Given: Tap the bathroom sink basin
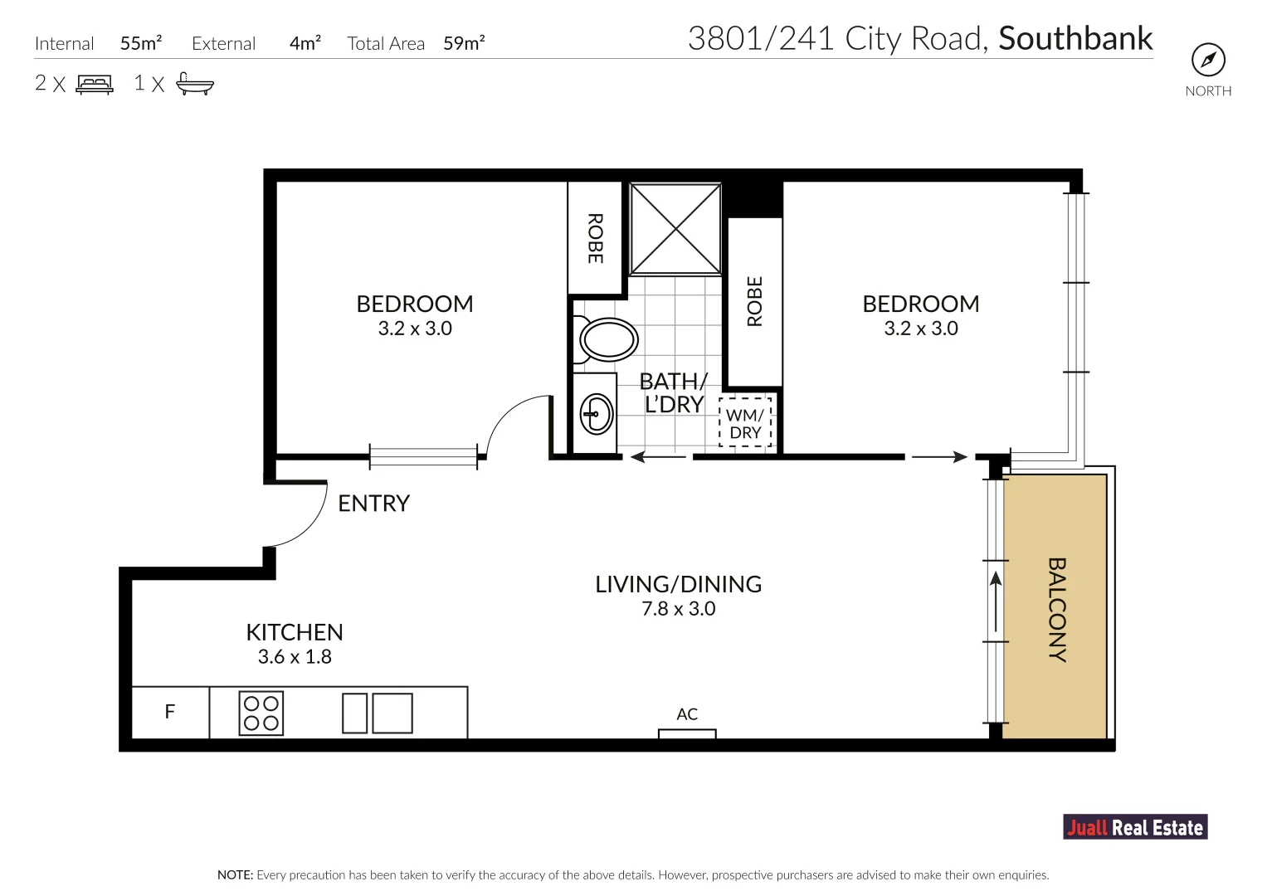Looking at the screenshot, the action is coord(597,414).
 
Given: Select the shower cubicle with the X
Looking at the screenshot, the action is coord(675,229).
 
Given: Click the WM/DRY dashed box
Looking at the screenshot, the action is coord(745,423).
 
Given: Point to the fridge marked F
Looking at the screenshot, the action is coord(170,712).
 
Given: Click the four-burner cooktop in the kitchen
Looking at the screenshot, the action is coord(261,713).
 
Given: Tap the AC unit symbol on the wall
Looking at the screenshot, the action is coord(687,733).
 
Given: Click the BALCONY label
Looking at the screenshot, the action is coord(1057,610).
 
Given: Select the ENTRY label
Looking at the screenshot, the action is coord(374,504).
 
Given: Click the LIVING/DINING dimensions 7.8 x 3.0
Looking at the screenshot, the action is coord(678,609).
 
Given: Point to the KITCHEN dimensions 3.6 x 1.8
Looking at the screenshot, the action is coord(295,657).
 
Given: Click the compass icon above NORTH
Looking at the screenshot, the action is coord(1208,60).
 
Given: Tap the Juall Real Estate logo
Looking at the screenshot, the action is coord(1135,827).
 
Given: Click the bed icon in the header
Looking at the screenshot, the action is coord(95,85).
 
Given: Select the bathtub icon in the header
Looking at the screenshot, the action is coord(195,84).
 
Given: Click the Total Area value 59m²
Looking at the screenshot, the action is coord(464,43).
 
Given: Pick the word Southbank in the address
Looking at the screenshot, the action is coord(1075,38).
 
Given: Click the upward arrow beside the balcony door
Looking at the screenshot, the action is coord(996,601).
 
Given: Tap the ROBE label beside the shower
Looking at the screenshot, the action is coord(595,238).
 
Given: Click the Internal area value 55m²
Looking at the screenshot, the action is coord(141,43).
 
